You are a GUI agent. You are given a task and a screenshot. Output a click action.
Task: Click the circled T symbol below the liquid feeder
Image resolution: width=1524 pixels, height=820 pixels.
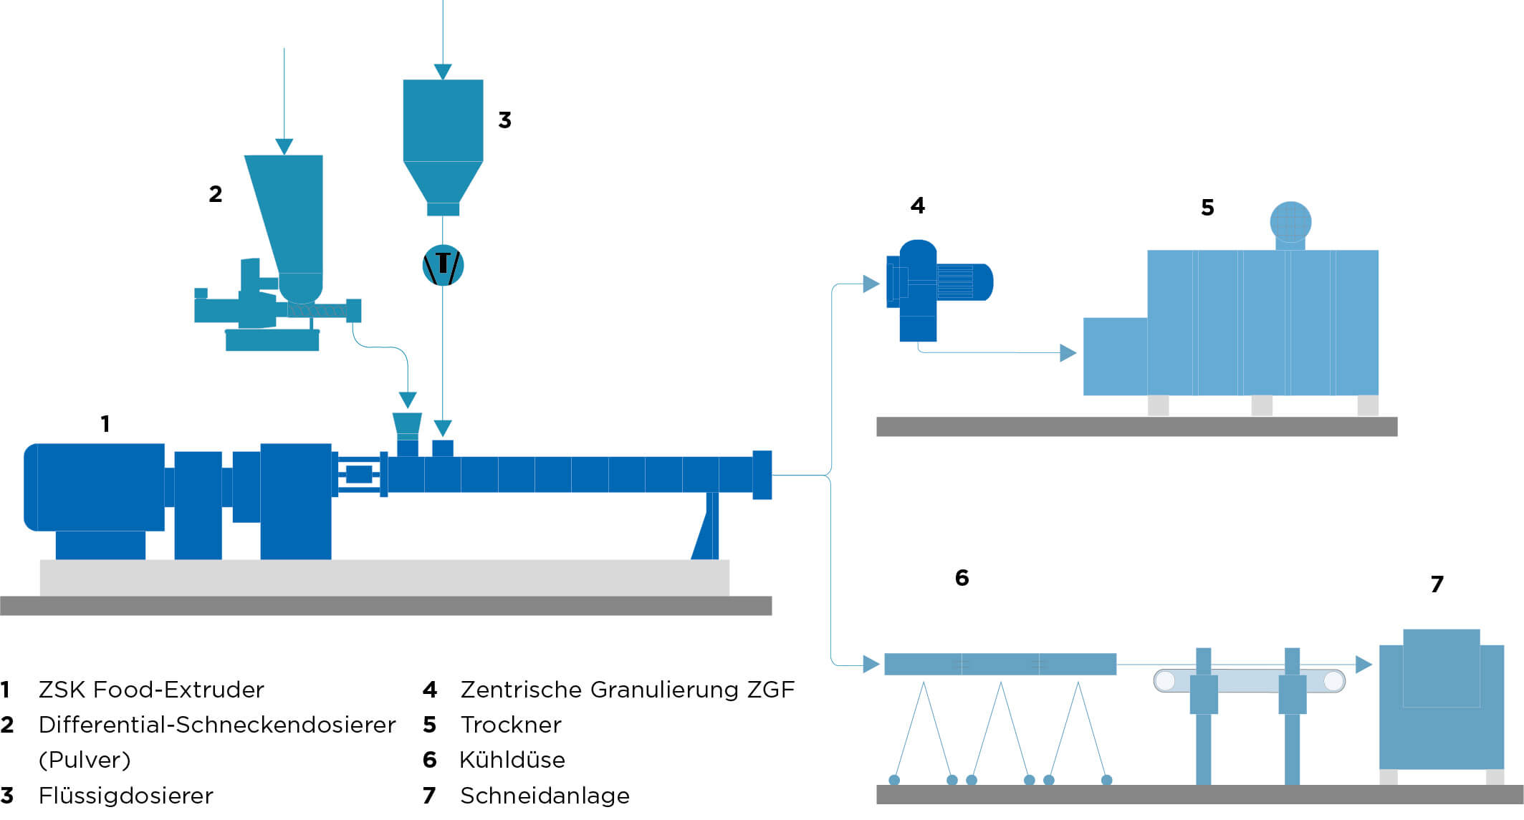coord(443,266)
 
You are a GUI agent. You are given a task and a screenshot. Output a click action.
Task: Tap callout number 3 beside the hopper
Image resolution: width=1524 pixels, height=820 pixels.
coord(504,120)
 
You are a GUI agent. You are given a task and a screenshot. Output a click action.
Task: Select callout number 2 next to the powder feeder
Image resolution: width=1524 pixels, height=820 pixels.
coord(216,193)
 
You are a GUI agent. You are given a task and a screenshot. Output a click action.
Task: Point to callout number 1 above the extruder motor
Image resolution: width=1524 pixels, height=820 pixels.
coord(105,423)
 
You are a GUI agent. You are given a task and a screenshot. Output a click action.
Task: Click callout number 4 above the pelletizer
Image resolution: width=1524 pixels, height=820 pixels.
coord(918,206)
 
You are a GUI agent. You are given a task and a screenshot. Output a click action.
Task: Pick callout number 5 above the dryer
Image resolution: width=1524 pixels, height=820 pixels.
coord(1207,208)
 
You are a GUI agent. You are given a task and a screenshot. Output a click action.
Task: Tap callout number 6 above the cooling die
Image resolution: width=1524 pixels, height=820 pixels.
coord(962,577)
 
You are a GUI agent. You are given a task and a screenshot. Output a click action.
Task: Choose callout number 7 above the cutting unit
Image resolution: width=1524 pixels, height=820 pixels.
coord(1437,584)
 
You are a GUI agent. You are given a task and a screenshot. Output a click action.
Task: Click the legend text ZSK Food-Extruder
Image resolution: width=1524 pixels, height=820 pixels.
coord(151,690)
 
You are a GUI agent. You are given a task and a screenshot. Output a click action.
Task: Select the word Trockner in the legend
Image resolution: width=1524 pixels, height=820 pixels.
coord(511,725)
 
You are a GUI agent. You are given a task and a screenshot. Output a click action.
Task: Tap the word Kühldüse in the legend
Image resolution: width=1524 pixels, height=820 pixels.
coord(512,759)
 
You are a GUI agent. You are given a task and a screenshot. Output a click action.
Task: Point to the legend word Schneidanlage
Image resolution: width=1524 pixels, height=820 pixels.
coord(545,795)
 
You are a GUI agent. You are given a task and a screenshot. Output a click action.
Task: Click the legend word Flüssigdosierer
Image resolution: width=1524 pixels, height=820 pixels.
coord(126,795)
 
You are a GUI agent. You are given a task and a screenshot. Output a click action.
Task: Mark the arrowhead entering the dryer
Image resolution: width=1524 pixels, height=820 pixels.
coord(1068,352)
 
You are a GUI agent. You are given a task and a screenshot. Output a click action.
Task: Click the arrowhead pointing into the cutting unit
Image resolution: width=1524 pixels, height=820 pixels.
coord(1364,665)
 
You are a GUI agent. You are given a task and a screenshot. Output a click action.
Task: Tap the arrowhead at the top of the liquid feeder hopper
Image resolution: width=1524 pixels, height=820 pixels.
coord(443,72)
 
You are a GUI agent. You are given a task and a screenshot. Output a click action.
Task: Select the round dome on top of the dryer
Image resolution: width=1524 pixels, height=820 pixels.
coord(1290,222)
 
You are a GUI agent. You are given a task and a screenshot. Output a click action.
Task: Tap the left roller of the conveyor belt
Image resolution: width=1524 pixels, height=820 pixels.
coord(1166,680)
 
